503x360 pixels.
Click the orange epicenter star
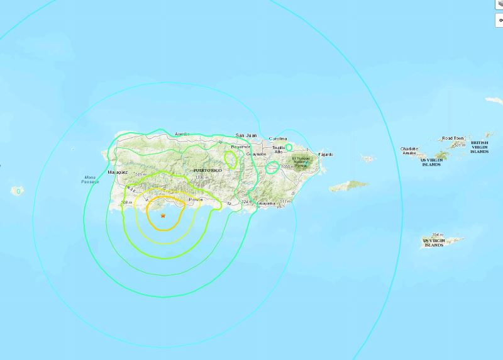click(163, 216)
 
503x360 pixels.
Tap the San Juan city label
click(247, 135)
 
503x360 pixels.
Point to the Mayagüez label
click(118, 172)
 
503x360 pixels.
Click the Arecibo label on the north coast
click(182, 134)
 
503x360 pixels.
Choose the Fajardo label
click(326, 154)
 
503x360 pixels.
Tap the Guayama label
click(267, 203)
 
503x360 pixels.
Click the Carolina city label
click(277, 138)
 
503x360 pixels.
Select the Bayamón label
click(240, 147)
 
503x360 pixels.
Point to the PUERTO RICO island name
click(208, 171)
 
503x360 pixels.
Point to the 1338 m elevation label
click(201, 179)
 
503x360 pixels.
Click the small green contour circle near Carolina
click(289, 147)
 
